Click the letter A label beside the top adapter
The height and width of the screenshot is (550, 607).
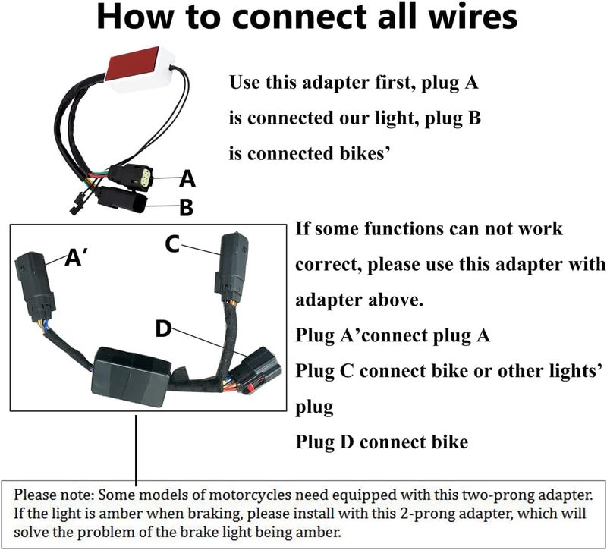point(187,178)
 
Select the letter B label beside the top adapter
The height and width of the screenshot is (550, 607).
point(187,207)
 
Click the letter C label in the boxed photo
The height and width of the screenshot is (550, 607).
point(172,244)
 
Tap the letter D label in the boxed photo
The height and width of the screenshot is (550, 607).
point(163,328)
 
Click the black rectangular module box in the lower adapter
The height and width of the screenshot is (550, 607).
point(131,376)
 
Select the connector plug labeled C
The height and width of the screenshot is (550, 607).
point(231,267)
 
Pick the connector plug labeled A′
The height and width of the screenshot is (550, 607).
point(35,287)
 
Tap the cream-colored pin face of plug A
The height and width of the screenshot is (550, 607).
point(146,179)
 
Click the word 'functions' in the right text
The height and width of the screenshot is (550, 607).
point(404,228)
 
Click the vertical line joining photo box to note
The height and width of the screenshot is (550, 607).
point(136,450)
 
